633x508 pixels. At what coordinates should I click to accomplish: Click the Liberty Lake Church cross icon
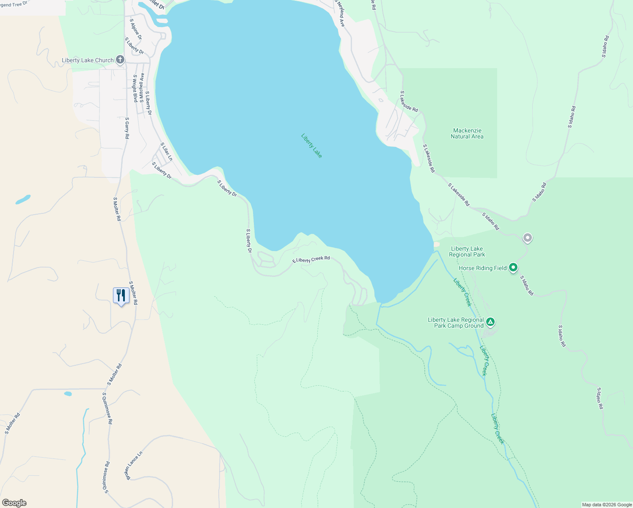click(x=120, y=60)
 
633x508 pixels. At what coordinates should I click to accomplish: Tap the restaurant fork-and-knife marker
click(x=121, y=295)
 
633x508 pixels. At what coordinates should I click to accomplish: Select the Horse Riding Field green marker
click(x=513, y=268)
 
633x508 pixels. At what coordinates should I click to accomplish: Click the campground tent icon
click(x=490, y=323)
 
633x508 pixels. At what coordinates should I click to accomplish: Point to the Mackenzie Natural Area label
click(x=467, y=133)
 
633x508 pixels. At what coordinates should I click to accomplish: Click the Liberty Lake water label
click(x=311, y=146)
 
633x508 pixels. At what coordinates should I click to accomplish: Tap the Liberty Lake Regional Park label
click(x=467, y=251)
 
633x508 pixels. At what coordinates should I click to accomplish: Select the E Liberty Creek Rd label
click(x=311, y=260)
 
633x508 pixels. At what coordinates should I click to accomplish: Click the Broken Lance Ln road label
click(x=134, y=466)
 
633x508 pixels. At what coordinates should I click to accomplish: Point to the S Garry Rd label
click(x=127, y=128)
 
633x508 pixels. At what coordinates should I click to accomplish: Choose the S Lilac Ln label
click(x=166, y=152)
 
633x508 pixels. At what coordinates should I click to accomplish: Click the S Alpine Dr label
click(x=135, y=29)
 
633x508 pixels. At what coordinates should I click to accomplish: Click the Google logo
click(x=14, y=503)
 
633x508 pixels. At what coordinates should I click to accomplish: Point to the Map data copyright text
click(x=606, y=505)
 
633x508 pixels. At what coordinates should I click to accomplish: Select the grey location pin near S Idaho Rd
click(x=527, y=238)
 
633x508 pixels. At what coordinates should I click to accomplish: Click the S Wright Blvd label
click(x=135, y=88)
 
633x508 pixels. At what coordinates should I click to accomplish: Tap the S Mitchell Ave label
click(x=142, y=88)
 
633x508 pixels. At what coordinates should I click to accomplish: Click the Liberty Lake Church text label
click(x=88, y=60)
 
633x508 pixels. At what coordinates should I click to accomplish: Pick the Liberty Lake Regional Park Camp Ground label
click(x=455, y=323)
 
